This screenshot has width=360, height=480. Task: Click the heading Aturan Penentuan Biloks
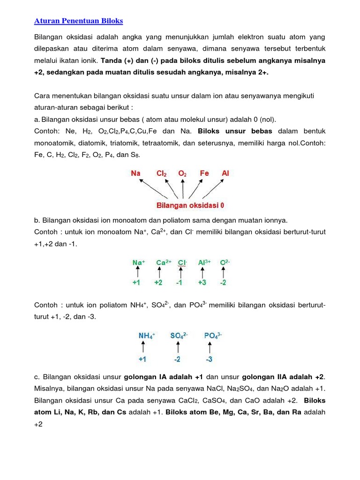point(79,21)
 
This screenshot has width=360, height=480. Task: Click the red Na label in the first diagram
point(135,173)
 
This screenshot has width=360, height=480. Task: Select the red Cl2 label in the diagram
point(162,173)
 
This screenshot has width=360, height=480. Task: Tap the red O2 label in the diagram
point(182,173)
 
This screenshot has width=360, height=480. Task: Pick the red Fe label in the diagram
point(204,173)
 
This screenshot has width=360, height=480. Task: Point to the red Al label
point(225,173)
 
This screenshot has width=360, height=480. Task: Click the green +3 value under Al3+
point(202,283)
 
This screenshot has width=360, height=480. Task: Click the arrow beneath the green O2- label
point(224,273)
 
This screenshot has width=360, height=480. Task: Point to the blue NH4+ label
point(147,336)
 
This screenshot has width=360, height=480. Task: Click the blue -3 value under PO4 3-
point(210,360)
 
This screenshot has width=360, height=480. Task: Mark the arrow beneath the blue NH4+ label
point(143,347)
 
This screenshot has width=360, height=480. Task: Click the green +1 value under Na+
point(137,283)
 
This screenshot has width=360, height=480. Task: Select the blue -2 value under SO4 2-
point(177,360)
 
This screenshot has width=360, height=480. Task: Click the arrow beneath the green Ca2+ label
point(159,273)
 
